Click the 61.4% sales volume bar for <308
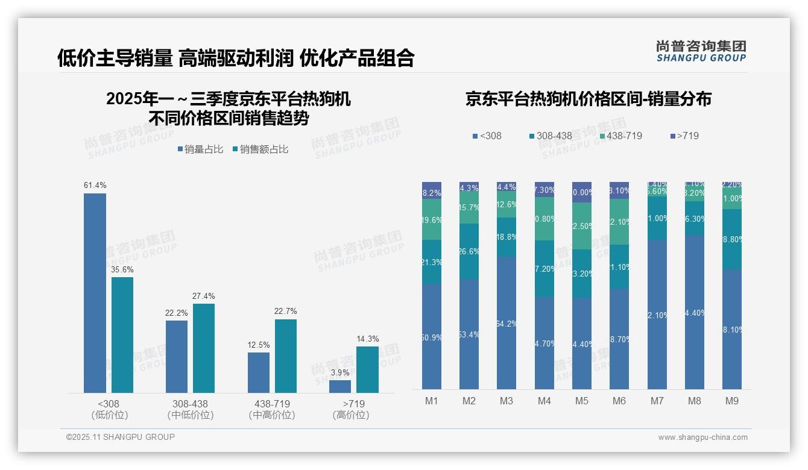(x=95, y=293)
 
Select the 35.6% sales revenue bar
(x=122, y=335)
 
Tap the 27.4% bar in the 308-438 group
(x=204, y=348)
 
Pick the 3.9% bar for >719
(x=340, y=386)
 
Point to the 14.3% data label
(x=367, y=339)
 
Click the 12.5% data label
(x=259, y=345)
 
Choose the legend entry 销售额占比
(x=260, y=149)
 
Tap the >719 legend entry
(x=684, y=136)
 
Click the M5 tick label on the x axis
(x=581, y=401)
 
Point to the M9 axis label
(x=731, y=401)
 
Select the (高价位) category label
(x=350, y=415)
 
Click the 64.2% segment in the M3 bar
(x=507, y=323)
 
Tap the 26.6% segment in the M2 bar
(x=469, y=251)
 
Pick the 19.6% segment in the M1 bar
(x=432, y=220)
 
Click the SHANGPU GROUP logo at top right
(x=701, y=51)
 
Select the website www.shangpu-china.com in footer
(x=702, y=437)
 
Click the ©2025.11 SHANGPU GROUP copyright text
(x=121, y=437)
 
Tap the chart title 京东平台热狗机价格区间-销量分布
(x=588, y=99)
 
